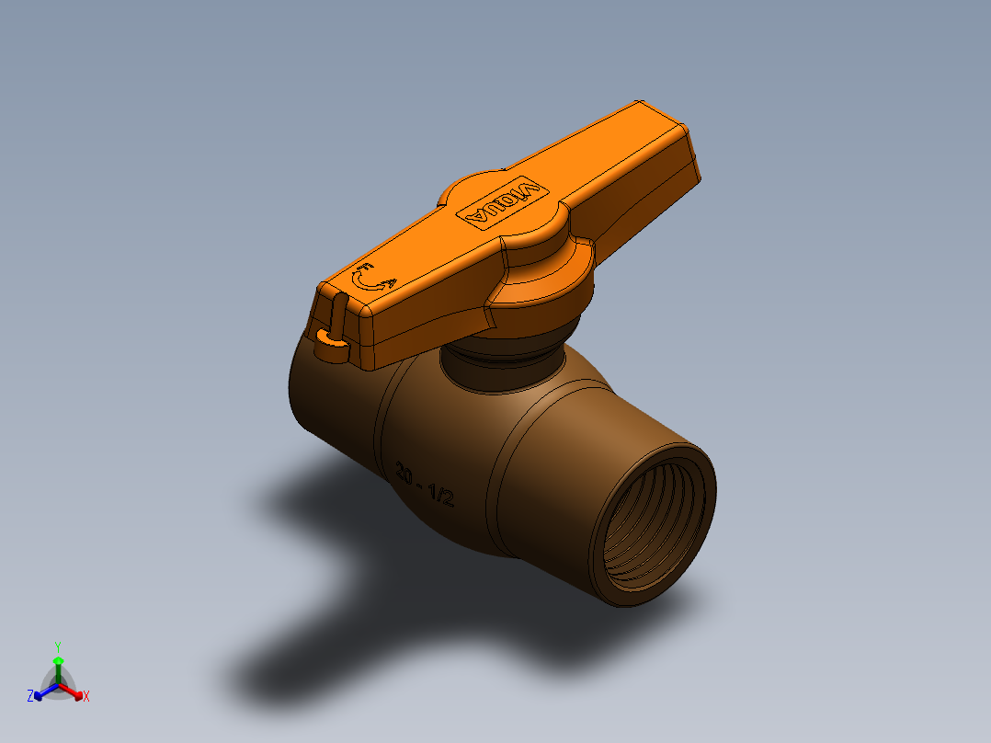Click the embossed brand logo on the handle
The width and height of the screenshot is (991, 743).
tap(502, 202)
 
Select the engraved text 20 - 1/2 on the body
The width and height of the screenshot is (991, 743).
tap(424, 485)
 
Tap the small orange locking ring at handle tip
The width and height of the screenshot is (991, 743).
tap(331, 346)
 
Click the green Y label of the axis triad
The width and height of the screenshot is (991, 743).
tap(57, 646)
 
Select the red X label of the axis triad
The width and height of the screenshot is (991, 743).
tap(86, 697)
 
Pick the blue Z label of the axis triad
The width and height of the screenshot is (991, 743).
tap(30, 697)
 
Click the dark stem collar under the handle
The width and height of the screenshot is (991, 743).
tap(501, 363)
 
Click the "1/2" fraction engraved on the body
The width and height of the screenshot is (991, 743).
tap(441, 496)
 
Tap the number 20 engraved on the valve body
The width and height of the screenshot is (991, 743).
tap(404, 474)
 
